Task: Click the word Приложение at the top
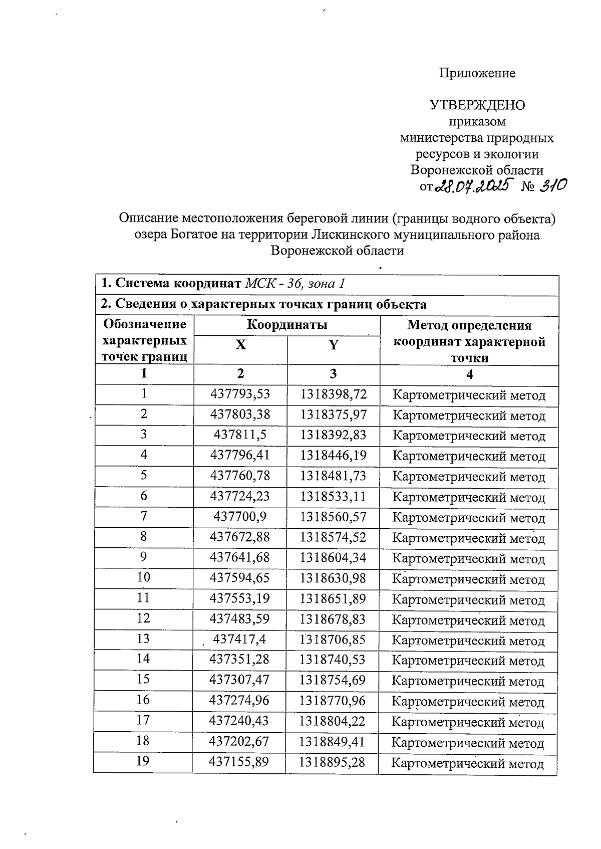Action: coord(477,73)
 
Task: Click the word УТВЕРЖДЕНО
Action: coord(477,105)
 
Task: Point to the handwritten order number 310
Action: coord(552,186)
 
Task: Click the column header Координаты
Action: coord(287,325)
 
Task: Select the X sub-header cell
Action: coord(241,345)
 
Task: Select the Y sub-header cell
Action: coord(334,345)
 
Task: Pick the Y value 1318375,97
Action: coord(334,415)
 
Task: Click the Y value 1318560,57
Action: coord(334,517)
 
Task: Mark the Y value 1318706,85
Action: coord(333,640)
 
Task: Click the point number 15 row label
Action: coord(143,679)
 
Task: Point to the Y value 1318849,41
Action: coord(333,742)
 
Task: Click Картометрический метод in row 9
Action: coord(468,559)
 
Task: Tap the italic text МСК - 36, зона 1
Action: coord(295,284)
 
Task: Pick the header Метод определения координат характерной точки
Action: coord(469,341)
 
